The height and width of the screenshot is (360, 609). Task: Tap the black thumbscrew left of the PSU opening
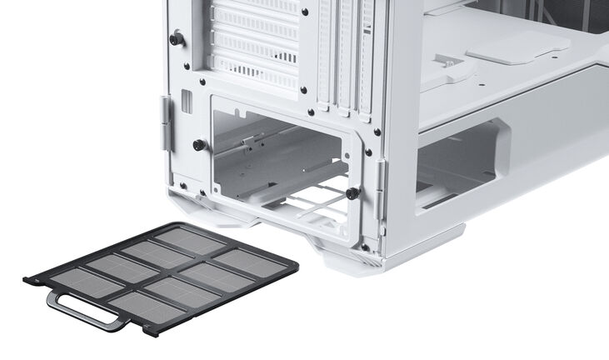pyautogui.click(x=199, y=145)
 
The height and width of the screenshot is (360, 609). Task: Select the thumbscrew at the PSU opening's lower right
pyautogui.click(x=352, y=193)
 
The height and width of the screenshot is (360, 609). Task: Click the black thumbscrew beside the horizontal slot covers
pyautogui.click(x=176, y=39)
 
